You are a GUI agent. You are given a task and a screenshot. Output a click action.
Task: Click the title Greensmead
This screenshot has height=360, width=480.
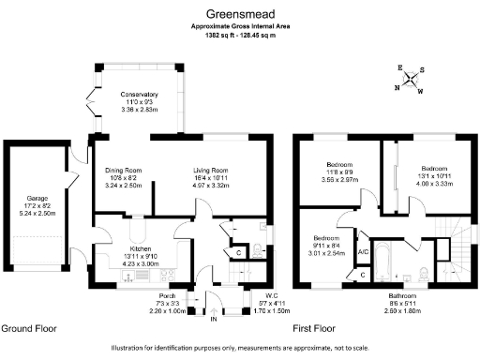tap(239, 14)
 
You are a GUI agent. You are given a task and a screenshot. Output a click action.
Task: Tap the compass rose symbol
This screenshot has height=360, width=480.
tap(409, 80)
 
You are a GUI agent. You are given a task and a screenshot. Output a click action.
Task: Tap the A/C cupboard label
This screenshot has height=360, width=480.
tap(363, 252)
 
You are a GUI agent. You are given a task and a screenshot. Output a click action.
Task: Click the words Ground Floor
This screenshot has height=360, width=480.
tap(28, 329)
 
